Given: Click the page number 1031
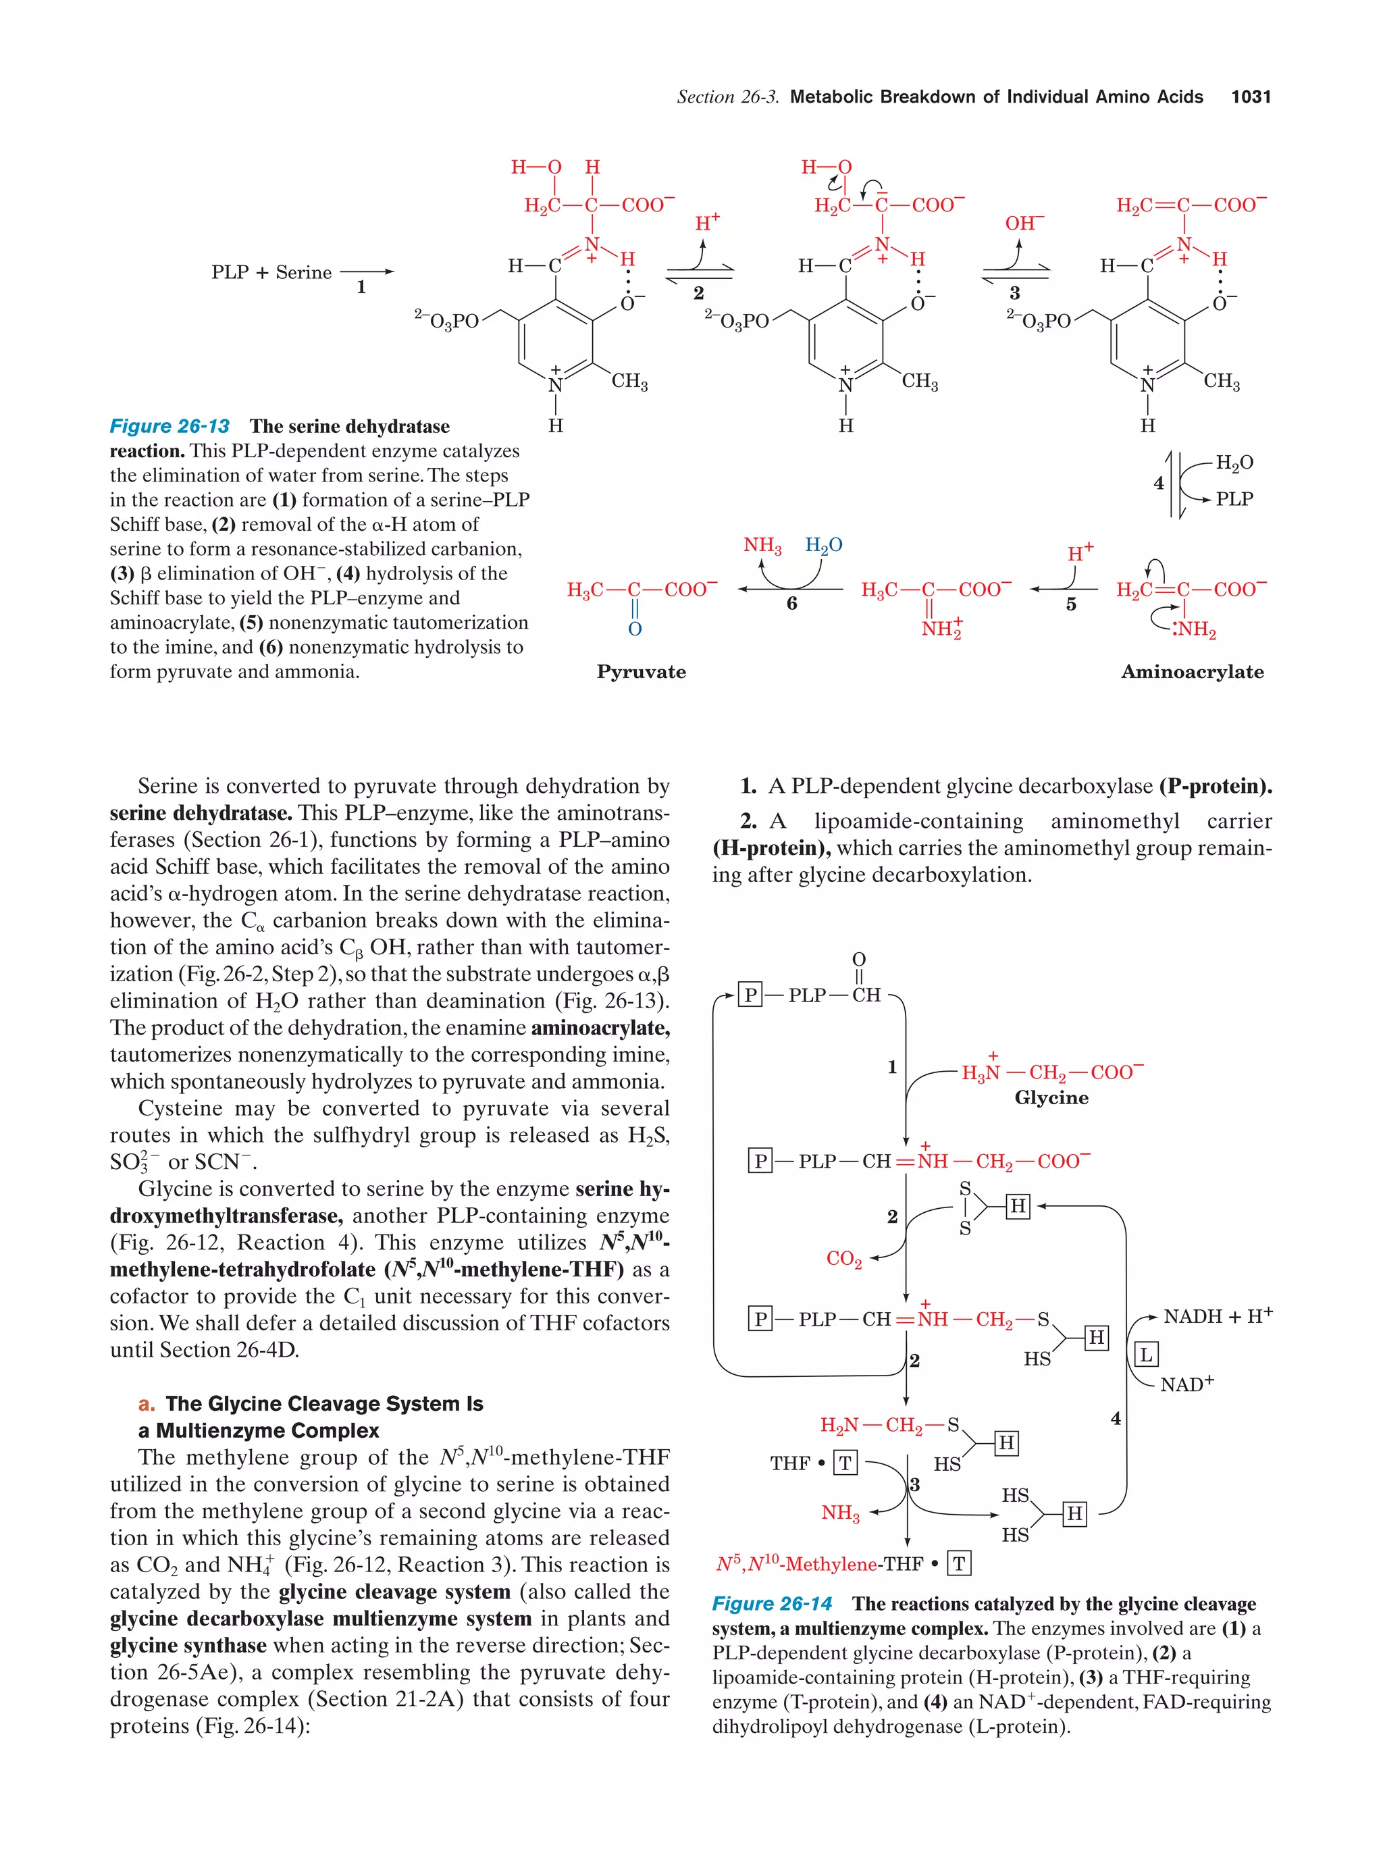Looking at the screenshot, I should (1250, 97).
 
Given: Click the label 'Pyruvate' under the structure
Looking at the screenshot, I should (641, 672).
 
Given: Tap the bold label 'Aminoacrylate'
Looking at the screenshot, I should (1191, 672).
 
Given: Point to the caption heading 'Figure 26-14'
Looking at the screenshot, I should (771, 1604).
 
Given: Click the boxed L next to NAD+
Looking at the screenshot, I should (1145, 1355).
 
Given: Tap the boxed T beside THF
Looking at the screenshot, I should (845, 1463).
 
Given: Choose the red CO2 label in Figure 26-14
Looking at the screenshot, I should (843, 1259).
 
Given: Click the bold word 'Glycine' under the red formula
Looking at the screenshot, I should (1051, 1098).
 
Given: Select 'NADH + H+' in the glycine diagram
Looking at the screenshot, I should (1218, 1317).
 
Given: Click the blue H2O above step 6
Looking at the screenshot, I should (823, 546).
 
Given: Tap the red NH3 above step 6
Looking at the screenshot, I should (762, 546).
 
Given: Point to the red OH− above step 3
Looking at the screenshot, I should (1024, 224).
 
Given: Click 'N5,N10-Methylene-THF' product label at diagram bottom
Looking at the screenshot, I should (820, 1564).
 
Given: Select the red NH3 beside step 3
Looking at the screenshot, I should (840, 1513).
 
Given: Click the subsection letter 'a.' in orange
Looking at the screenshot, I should (147, 1404).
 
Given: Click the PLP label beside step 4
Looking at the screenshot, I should (1234, 499).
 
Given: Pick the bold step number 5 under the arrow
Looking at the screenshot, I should (1071, 604).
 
